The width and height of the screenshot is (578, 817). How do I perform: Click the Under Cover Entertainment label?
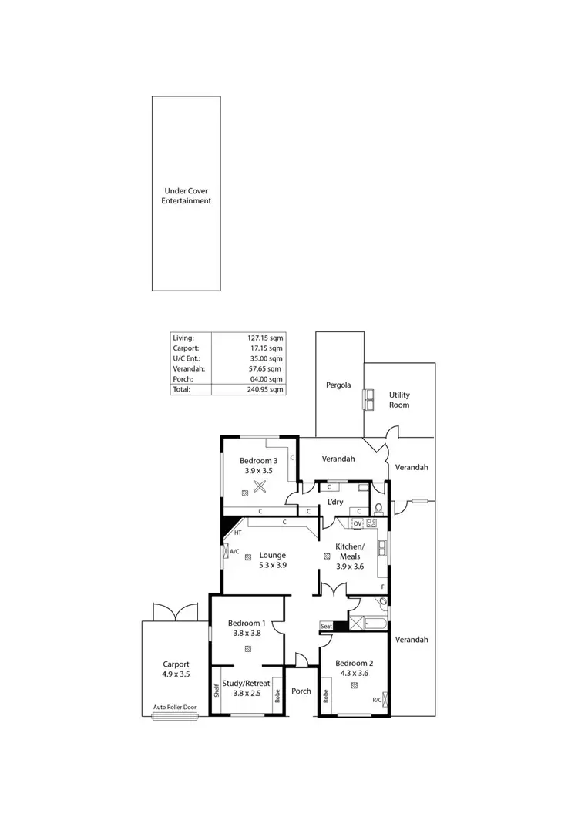186,196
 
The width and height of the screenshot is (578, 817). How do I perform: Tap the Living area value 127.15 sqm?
267,338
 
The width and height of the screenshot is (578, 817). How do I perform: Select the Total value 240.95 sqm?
267,389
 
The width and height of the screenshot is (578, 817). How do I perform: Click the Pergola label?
338,384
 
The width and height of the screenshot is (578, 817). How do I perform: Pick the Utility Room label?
399,399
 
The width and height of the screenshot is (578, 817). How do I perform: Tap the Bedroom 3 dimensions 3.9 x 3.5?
260,470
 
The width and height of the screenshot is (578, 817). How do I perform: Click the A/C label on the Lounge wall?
234,552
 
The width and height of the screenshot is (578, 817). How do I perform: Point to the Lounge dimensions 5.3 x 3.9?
273,565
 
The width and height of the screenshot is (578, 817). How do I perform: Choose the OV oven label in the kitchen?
357,523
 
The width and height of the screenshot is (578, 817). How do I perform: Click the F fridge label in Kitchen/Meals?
382,587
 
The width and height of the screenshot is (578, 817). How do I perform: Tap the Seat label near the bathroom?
327,626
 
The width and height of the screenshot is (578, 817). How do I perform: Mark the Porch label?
301,691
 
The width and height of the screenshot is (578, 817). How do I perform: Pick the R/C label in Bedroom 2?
377,700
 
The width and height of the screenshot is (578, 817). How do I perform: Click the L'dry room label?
335,503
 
